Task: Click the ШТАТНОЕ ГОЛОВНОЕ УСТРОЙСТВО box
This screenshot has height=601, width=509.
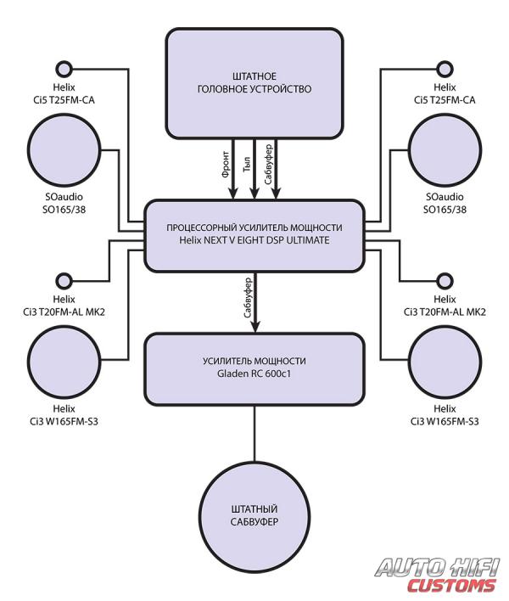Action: pyautogui.click(x=255, y=83)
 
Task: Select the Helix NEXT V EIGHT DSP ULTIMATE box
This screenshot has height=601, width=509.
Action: pyautogui.click(x=255, y=236)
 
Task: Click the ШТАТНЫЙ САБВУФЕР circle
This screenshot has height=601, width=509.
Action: pyautogui.click(x=255, y=515)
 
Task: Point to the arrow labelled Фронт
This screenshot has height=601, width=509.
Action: pyautogui.click(x=232, y=169)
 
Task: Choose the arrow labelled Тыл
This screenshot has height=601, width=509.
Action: pyautogui.click(x=255, y=169)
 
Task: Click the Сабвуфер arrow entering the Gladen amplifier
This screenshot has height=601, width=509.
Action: pyautogui.click(x=255, y=302)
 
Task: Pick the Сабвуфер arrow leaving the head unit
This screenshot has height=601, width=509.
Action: pyautogui.click(x=277, y=169)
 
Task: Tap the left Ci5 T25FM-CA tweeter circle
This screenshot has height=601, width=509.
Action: pyautogui.click(x=64, y=70)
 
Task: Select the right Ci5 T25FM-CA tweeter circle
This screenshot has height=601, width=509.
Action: pyautogui.click(x=445, y=70)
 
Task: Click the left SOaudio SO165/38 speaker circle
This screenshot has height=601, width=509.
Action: pyautogui.click(x=64, y=149)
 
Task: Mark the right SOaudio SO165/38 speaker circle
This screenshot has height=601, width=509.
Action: pyautogui.click(x=445, y=149)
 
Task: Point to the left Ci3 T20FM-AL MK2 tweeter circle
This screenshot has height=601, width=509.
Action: pyautogui.click(x=64, y=281)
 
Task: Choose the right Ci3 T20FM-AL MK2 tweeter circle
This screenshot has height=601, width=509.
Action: pyautogui.click(x=445, y=281)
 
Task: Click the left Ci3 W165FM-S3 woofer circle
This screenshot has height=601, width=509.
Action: pyautogui.click(x=64, y=361)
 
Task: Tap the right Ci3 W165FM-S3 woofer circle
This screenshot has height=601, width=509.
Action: pyautogui.click(x=445, y=361)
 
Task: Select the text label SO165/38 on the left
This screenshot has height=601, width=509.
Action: pyautogui.click(x=64, y=210)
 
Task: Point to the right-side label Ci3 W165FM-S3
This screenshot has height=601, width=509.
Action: pyautogui.click(x=445, y=422)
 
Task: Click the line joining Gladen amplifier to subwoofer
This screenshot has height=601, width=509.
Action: pyautogui.click(x=255, y=433)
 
